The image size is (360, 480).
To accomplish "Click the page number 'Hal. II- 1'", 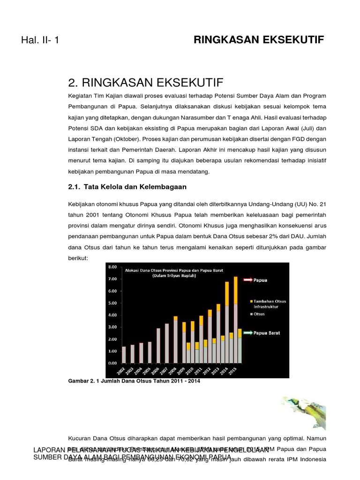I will (40, 40).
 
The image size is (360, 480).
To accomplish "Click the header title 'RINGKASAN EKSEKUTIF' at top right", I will (259, 39).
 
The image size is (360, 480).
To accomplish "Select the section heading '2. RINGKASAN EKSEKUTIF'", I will (146, 82).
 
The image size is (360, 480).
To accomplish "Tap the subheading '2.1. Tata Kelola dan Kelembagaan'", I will (127, 187).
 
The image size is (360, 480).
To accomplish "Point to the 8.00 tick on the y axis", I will (112, 267).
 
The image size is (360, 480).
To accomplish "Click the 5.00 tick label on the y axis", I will (112, 303).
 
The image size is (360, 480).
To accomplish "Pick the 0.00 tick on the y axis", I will (112, 363).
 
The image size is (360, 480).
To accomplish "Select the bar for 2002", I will (124, 355).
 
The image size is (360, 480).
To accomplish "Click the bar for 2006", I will (158, 345).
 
